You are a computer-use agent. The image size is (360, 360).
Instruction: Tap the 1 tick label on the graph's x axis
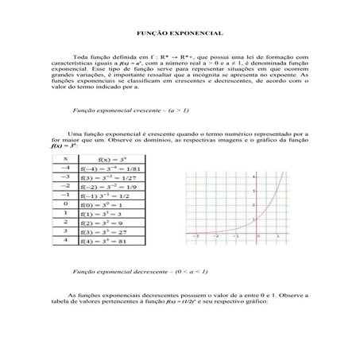tap(277, 238)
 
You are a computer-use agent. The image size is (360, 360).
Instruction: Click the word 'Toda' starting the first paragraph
tap(80, 57)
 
